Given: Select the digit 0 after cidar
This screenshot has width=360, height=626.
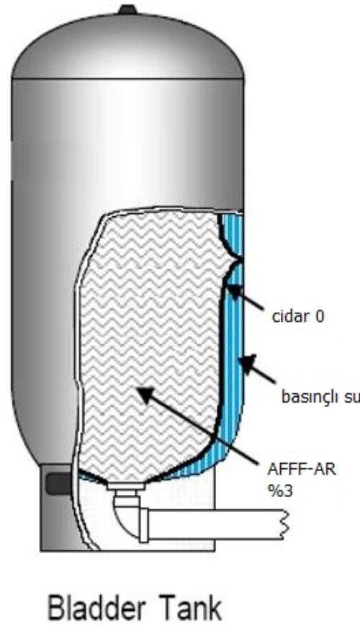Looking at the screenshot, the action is pos(319,317).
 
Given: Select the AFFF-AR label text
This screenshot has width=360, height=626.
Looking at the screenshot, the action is pos(302,470).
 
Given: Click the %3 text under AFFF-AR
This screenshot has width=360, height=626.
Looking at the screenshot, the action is pos(280,491).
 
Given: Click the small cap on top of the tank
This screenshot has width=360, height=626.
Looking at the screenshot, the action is pos(127,9).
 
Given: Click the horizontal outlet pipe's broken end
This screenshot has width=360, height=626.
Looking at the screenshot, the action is pos(284,524).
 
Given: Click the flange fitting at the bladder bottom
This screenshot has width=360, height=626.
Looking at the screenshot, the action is pos(125,486).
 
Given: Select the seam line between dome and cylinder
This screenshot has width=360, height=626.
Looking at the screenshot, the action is pos(127,79).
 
